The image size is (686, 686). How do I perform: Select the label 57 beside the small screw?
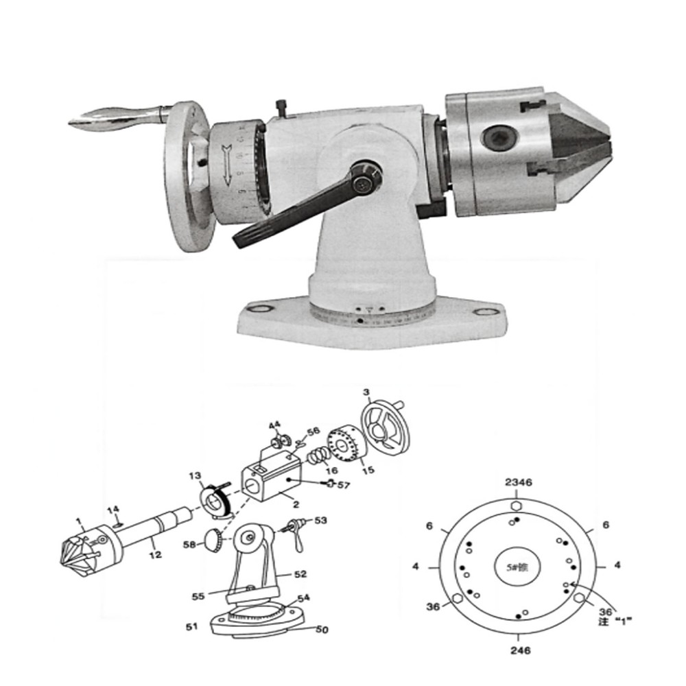[343, 485]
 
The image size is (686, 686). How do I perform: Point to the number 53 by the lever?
[320, 521]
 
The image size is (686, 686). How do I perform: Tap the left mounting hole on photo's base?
[260, 310]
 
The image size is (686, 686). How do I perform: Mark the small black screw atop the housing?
[280, 107]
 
